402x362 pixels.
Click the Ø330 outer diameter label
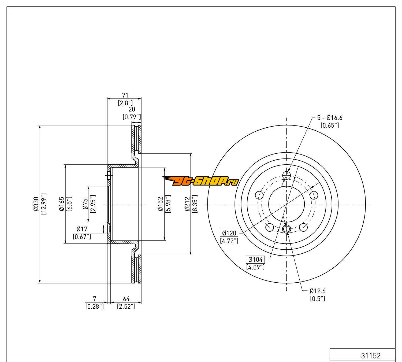[36, 204]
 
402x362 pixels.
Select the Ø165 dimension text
[62, 204]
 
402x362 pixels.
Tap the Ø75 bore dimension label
[85, 204]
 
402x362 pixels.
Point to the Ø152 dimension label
[160, 204]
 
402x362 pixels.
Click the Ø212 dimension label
[187, 204]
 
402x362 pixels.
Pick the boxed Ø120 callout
[229, 233]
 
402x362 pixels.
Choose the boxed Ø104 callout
[255, 260]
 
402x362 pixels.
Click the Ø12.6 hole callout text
[317, 291]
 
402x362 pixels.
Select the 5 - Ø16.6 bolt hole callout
[330, 118]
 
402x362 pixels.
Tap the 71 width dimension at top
[125, 95]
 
